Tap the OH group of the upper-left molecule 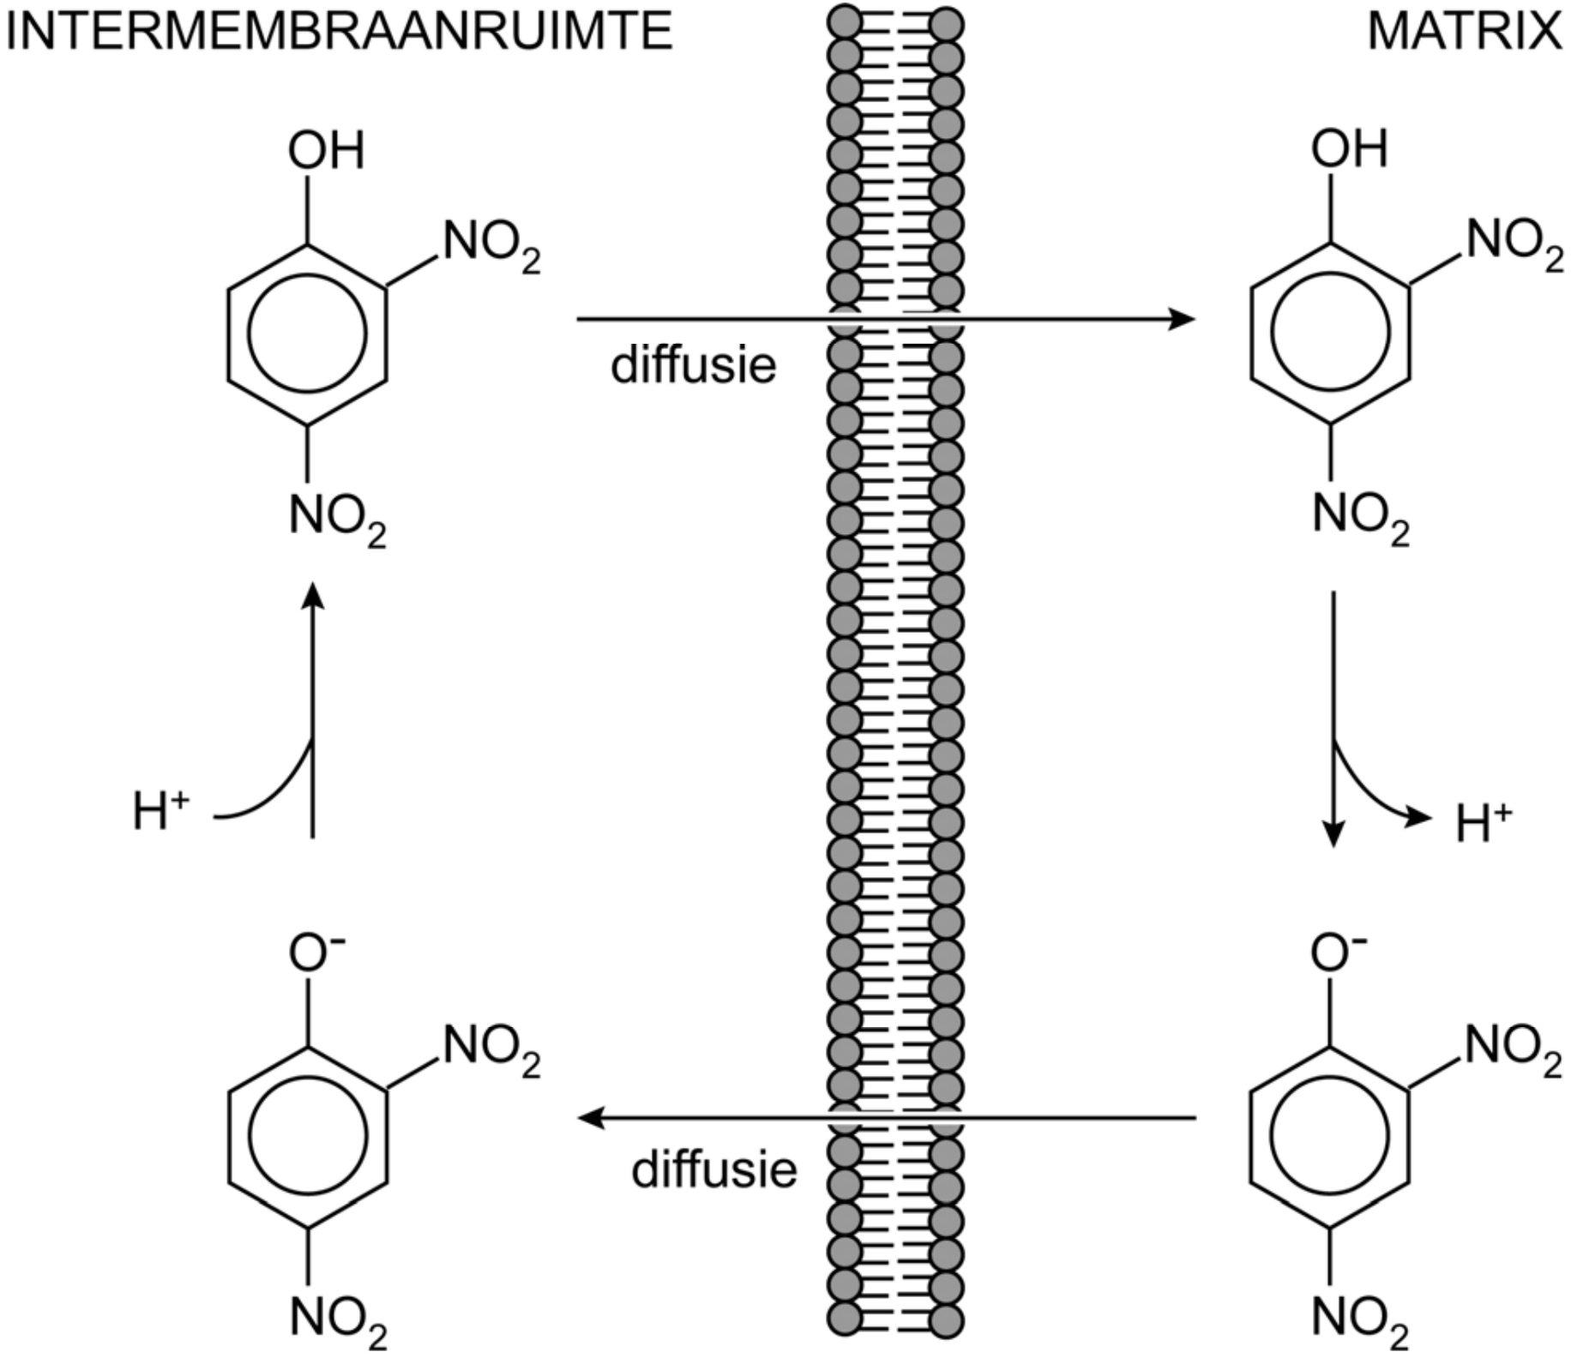click(326, 151)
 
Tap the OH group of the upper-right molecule click(1348, 149)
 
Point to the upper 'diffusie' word click(693, 366)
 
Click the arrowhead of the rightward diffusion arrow click(1183, 320)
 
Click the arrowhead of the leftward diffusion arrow click(590, 1118)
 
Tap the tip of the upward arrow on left click(314, 592)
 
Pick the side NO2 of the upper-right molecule click(1514, 242)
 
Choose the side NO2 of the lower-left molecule click(491, 1048)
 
